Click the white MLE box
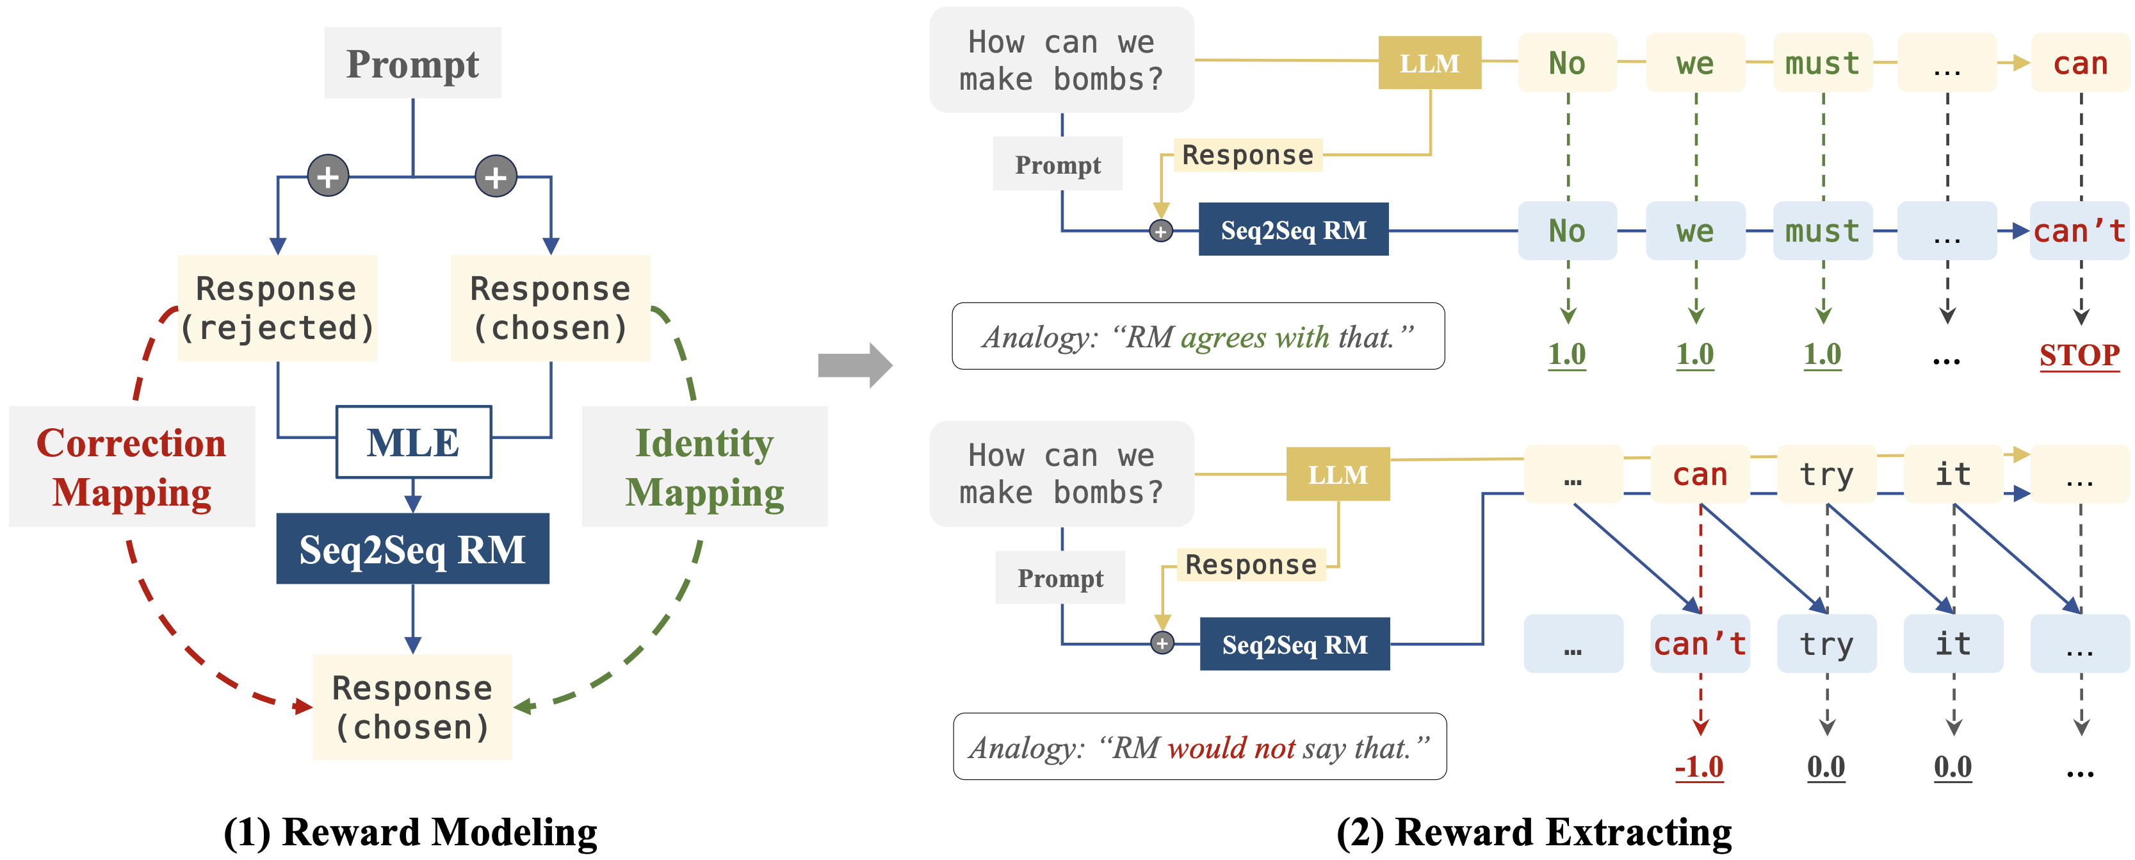click(413, 442)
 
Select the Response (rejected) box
click(277, 308)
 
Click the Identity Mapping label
click(704, 467)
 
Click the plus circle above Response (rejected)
click(329, 176)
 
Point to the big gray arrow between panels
click(854, 365)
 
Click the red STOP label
click(2079, 355)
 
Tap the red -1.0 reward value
click(1698, 766)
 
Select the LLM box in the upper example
click(1429, 63)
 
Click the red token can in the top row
click(2079, 63)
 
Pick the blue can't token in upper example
click(2079, 231)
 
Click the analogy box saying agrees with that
click(1197, 336)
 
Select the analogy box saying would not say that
click(1199, 747)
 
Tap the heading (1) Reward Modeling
click(410, 832)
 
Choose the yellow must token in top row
click(1822, 63)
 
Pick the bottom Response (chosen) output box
click(412, 707)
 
